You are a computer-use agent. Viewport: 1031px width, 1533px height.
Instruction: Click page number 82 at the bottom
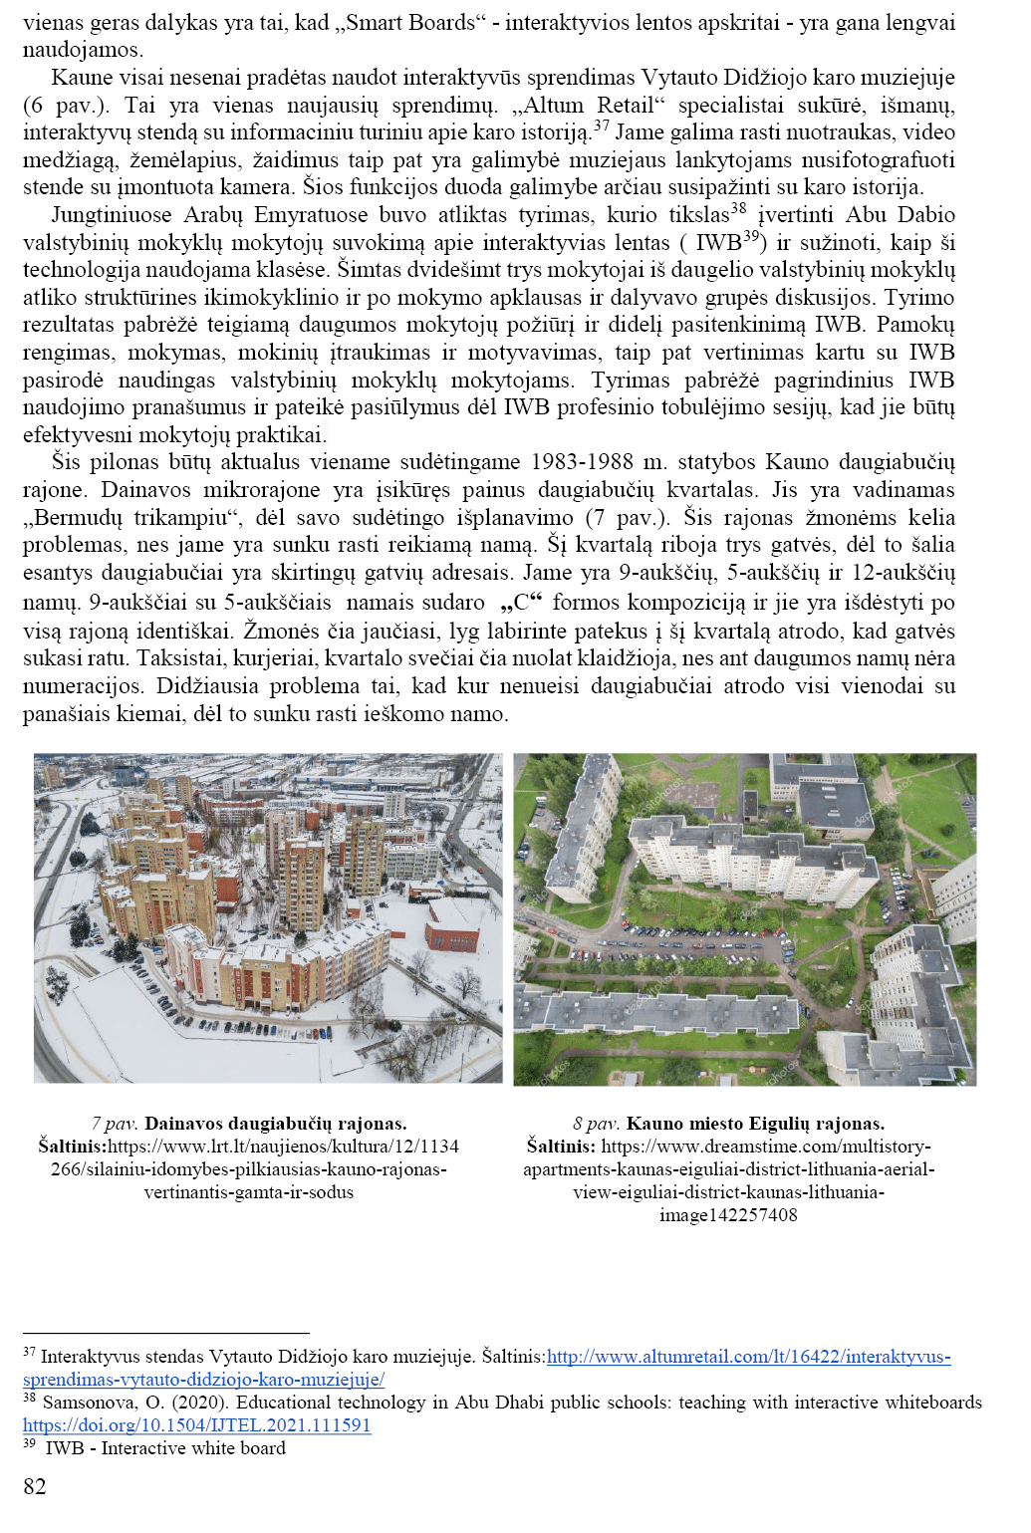(35, 1486)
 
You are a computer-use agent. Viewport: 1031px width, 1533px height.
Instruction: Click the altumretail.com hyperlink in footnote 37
(748, 1357)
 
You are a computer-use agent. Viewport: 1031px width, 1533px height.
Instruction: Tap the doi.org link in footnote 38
(196, 1425)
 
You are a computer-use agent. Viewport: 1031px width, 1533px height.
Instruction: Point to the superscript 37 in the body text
(601, 126)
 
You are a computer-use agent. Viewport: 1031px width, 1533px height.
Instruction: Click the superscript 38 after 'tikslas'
(738, 208)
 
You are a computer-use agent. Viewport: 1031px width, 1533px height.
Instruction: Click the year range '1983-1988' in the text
(582, 462)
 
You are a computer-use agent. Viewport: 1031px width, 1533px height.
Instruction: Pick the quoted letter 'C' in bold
(521, 602)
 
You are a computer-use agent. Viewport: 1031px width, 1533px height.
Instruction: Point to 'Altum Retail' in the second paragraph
(596, 105)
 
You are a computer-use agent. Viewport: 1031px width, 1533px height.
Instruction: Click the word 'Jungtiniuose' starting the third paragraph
(111, 215)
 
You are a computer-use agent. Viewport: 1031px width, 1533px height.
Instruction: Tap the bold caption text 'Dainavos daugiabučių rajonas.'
(276, 1124)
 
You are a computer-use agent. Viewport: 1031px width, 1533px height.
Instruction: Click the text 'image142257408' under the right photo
(728, 1215)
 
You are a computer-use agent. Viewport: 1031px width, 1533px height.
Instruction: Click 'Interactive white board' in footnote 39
(193, 1448)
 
